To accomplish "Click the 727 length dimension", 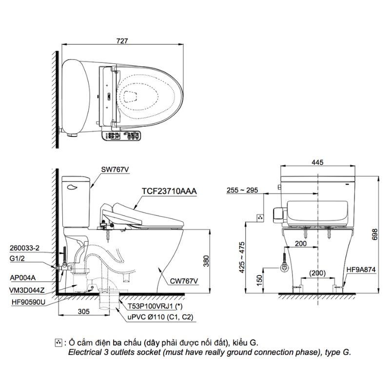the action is click(122, 41).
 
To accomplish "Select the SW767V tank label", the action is click(115, 170).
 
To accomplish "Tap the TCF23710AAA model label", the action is click(169, 191).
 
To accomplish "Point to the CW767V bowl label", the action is click(184, 281).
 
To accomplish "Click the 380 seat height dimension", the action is click(206, 261).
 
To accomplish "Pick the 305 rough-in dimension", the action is click(83, 312).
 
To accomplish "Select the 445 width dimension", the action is click(318, 162).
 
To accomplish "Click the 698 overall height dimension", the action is click(374, 234).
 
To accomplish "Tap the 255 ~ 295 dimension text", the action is click(242, 190).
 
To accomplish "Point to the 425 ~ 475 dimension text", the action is click(242, 257).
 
